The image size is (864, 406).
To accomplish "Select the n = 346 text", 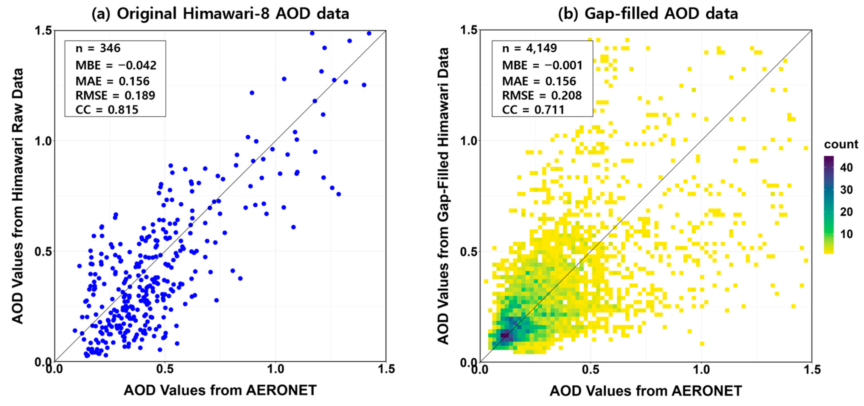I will click(x=98, y=48).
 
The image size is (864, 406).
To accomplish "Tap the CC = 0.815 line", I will click(x=107, y=110).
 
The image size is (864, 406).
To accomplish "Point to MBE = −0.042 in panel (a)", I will click(x=116, y=65).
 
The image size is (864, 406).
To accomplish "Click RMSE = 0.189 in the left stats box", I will click(x=115, y=95).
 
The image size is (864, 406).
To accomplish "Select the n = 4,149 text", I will click(x=529, y=48).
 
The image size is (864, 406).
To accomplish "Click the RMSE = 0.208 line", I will click(x=541, y=95).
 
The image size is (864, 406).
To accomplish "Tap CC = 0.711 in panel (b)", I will click(x=533, y=110).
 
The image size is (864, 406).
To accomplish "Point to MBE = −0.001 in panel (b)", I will click(x=542, y=65).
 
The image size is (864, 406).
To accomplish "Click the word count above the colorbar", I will click(x=841, y=144).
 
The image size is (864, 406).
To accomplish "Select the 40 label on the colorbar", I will click(x=846, y=167).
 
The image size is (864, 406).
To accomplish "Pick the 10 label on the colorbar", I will click(x=846, y=234).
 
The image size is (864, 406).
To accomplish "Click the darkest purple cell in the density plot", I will click(x=504, y=335).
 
